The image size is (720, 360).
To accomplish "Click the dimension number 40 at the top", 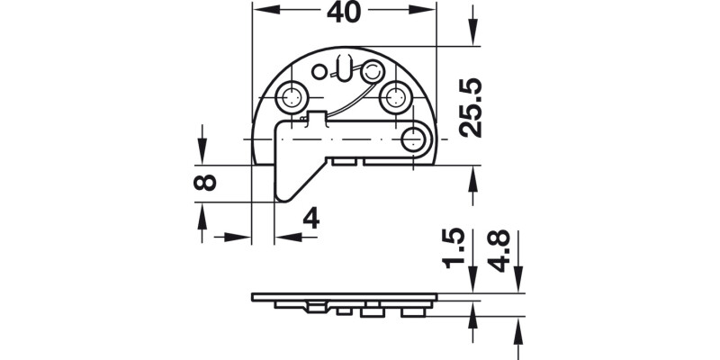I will point(344,13).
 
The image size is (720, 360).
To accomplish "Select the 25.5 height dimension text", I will point(471,107).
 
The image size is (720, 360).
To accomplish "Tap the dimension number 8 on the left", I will point(204,183).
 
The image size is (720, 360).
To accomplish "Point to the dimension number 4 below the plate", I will point(310,219).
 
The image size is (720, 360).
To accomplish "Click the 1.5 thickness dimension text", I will point(456,249).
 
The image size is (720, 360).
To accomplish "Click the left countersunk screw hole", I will point(292,96).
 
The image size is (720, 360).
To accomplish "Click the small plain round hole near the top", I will point(319,71).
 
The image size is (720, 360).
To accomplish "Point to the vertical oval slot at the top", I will point(343,67).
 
